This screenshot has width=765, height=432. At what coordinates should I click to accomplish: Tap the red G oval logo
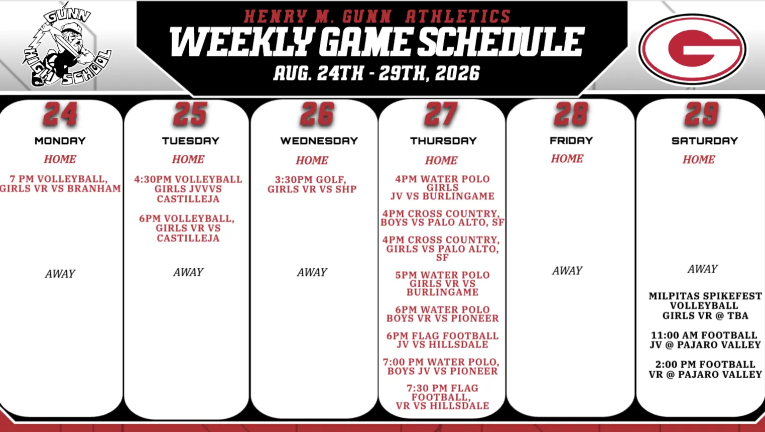click(x=692, y=49)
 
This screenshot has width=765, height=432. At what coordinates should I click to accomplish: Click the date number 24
click(x=60, y=114)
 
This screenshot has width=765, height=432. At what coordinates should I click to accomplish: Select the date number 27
click(x=441, y=114)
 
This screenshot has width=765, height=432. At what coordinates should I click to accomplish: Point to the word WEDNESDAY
click(x=319, y=141)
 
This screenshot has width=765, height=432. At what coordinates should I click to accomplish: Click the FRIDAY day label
click(x=571, y=141)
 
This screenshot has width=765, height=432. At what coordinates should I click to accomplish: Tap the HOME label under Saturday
click(x=699, y=160)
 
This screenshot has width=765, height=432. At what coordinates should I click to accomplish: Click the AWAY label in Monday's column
click(x=60, y=273)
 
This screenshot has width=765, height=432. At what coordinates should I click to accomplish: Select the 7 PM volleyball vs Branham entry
click(x=60, y=184)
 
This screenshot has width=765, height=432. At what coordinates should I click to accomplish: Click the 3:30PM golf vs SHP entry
click(x=312, y=184)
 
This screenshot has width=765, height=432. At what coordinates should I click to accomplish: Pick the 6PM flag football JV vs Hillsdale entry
click(x=442, y=340)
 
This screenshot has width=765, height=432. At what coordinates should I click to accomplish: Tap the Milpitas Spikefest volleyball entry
click(x=705, y=305)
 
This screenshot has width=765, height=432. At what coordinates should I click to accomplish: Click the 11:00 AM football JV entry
click(x=705, y=340)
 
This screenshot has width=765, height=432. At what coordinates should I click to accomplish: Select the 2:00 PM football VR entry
click(x=705, y=369)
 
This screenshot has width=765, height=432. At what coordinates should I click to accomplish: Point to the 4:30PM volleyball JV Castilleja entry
click(x=188, y=189)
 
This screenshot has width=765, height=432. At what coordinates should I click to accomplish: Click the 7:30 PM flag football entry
click(x=442, y=397)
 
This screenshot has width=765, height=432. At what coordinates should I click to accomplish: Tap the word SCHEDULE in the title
click(x=500, y=42)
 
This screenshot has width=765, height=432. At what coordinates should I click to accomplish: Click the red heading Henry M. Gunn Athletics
click(x=377, y=16)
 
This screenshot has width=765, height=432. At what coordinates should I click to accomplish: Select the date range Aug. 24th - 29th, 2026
click(x=376, y=73)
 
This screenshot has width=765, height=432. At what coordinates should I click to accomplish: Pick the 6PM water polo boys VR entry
click(x=442, y=314)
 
